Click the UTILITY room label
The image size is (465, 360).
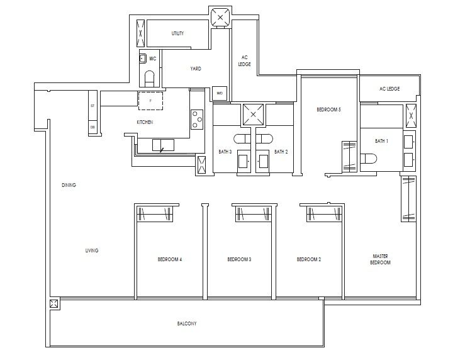(177, 33)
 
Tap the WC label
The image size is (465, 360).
(152, 58)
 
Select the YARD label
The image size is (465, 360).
(196, 69)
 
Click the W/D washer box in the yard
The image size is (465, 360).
(220, 93)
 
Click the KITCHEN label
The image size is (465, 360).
(145, 122)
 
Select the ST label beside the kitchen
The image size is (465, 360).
(92, 106)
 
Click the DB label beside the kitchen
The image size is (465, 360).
(92, 127)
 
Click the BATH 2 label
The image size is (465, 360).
(281, 152)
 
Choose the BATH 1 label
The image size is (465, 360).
(381, 141)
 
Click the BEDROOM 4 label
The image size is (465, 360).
(169, 259)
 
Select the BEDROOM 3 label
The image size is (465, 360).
(239, 259)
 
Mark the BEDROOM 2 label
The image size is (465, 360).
(309, 259)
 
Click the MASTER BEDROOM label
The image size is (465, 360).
(380, 259)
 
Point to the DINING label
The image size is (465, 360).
(69, 185)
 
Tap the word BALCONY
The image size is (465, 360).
(187, 323)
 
